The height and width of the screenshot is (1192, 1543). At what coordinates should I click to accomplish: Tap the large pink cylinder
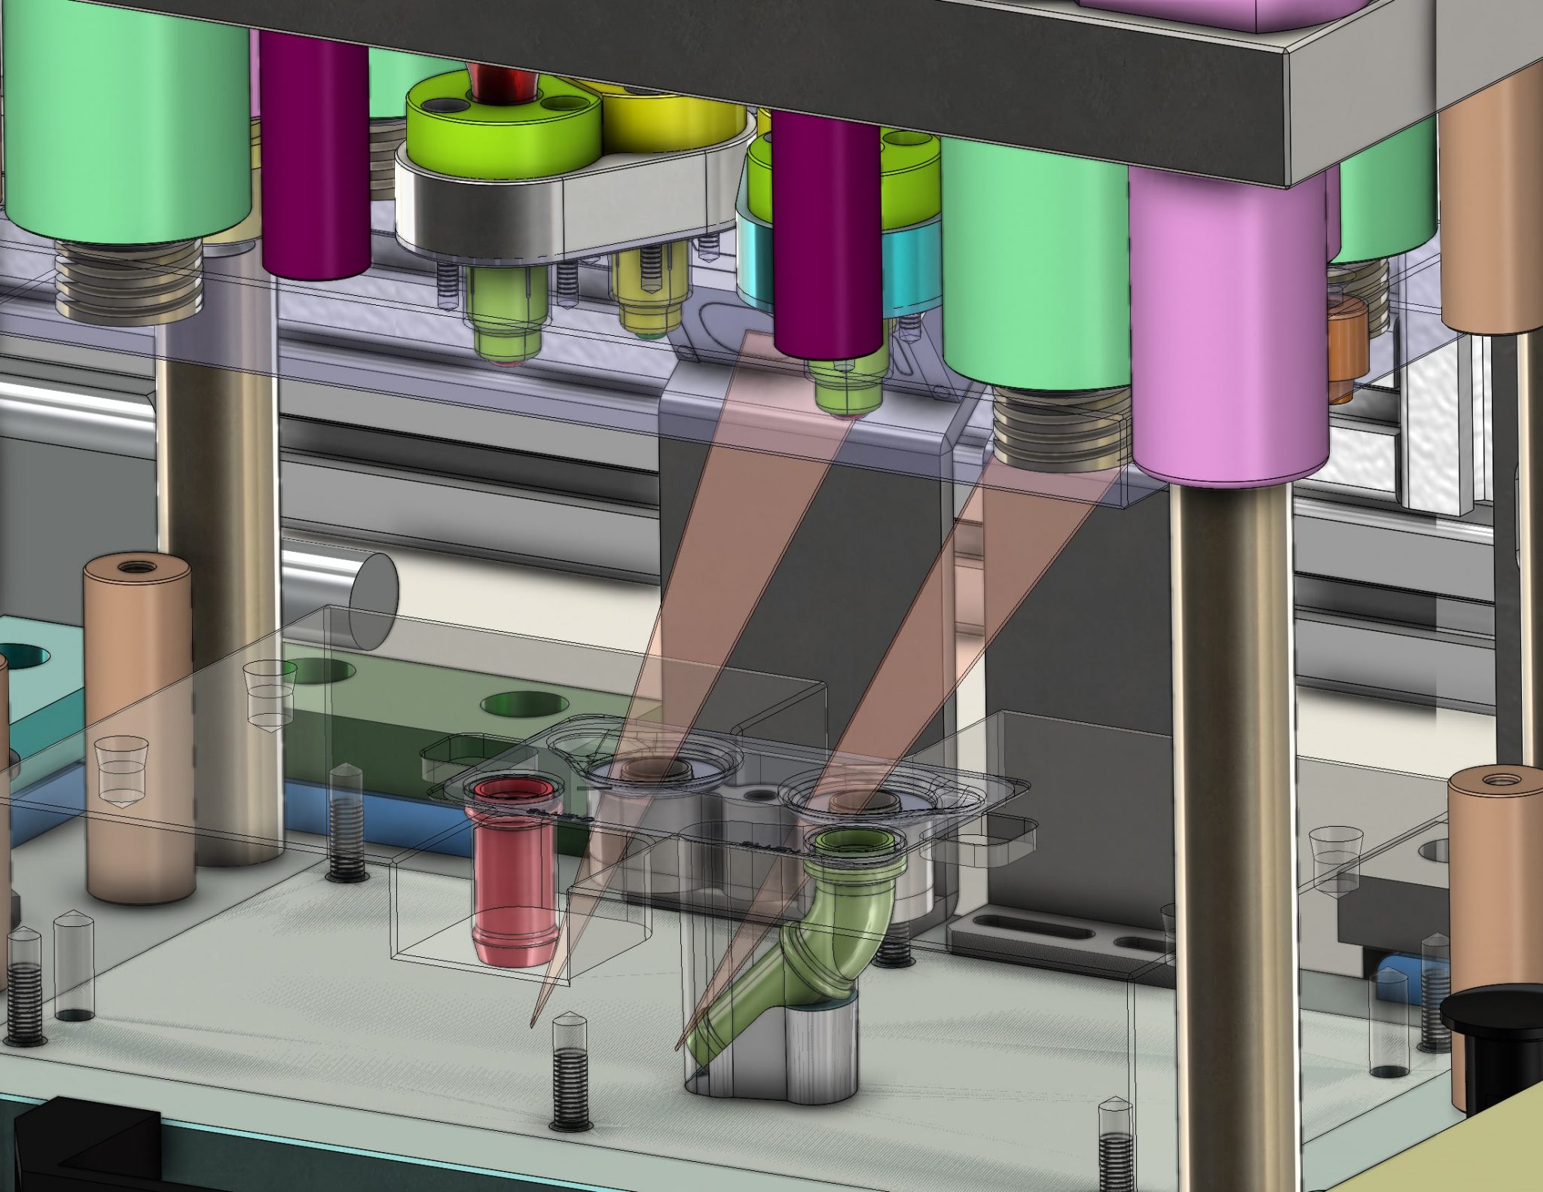pos(1228,324)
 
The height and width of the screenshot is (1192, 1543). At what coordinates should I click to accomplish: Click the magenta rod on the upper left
pos(315,151)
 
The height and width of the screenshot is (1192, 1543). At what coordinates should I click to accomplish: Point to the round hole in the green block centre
pos(525,704)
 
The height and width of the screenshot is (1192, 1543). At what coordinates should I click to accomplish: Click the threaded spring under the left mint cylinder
pos(130,282)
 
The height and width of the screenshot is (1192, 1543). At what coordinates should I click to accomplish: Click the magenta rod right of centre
pos(826,233)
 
